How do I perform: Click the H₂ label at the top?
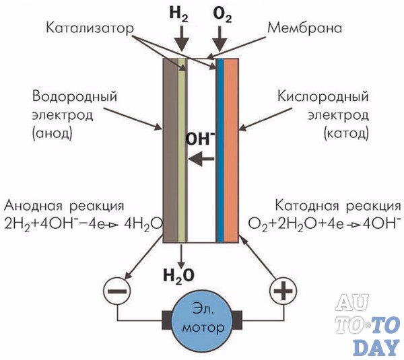179,14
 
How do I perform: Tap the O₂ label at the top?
223,14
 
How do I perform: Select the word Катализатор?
90,28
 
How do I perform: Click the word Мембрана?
305,28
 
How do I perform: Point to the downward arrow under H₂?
182,39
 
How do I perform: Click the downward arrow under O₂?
220,39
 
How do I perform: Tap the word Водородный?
75,98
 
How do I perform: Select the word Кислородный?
323,98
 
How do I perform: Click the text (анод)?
53,134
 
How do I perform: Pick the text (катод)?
346,134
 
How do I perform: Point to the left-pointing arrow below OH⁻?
201,159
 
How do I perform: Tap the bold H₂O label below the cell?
179,276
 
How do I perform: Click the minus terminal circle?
116,291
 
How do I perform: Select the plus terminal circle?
283,291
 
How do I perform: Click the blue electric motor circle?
202,320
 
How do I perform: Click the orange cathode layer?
231,150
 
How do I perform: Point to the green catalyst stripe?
182,150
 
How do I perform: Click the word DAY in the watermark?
376,348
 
